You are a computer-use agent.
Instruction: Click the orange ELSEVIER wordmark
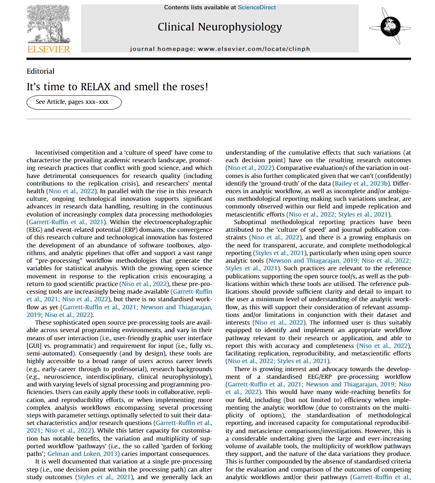pos(49,50)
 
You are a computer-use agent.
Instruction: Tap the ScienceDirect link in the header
pos(257,7)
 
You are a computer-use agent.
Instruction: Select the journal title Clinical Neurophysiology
pos(220,27)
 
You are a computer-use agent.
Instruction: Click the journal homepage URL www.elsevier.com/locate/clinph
pos(254,49)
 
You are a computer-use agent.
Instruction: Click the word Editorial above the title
pos(40,71)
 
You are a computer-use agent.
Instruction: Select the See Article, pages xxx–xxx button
pos(74,102)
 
